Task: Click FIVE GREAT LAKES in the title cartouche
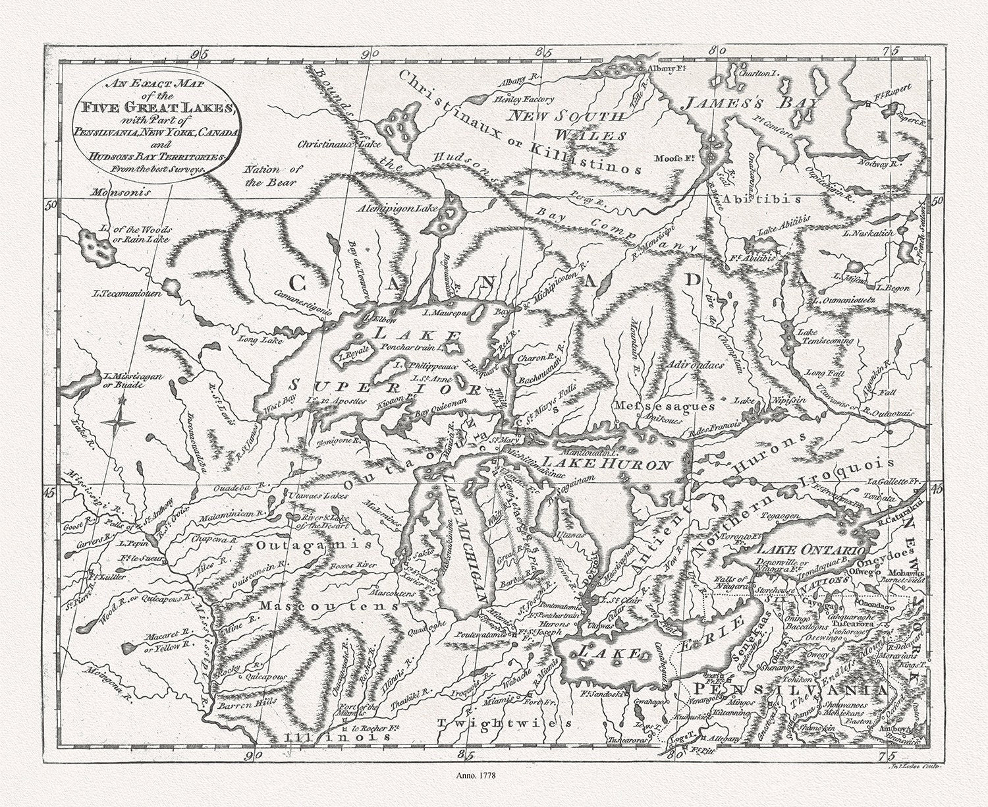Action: [x=153, y=108]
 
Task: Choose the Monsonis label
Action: [x=121, y=193]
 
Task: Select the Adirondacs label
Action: [x=695, y=364]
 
